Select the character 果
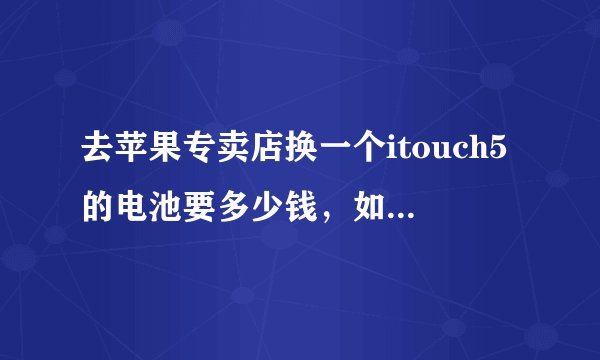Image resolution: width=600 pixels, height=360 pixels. [160, 155]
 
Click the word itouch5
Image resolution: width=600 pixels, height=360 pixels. [435, 155]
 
